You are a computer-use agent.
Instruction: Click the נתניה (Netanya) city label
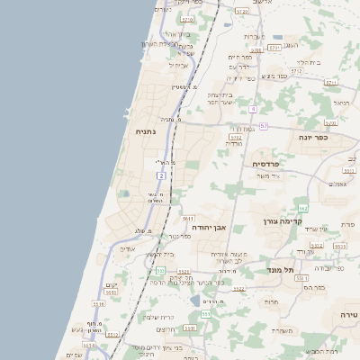(x=145, y=132)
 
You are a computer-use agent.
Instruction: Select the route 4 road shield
(x=254, y=109)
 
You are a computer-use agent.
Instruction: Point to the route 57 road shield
(x=264, y=126)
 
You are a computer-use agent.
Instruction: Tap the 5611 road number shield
(x=188, y=219)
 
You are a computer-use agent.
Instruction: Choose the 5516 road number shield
(x=98, y=304)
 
